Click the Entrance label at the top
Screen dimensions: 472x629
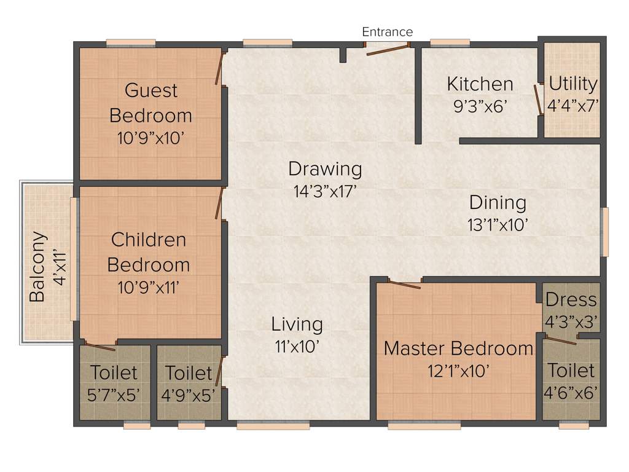(387, 32)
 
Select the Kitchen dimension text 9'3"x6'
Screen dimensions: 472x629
(479, 106)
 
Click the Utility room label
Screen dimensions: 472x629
(572, 84)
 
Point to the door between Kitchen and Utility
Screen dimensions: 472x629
(539, 100)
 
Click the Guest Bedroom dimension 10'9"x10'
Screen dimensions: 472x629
(150, 138)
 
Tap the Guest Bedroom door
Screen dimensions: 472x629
(219, 68)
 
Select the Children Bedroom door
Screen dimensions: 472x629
(219, 203)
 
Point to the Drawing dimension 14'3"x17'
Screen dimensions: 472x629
(326, 191)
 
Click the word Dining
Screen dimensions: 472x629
(498, 202)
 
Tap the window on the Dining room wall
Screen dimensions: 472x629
(604, 232)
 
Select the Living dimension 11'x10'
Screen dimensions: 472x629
(297, 347)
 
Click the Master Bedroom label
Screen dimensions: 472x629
(458, 348)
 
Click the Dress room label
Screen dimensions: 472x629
(571, 300)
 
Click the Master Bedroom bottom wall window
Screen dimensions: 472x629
(424, 425)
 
